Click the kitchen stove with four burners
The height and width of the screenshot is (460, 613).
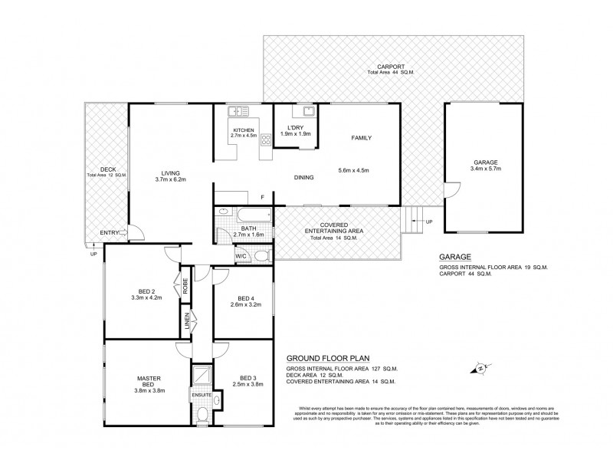(x=266, y=140)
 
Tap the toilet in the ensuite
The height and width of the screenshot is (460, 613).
(x=202, y=415)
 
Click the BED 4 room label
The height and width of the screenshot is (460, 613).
(x=245, y=298)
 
